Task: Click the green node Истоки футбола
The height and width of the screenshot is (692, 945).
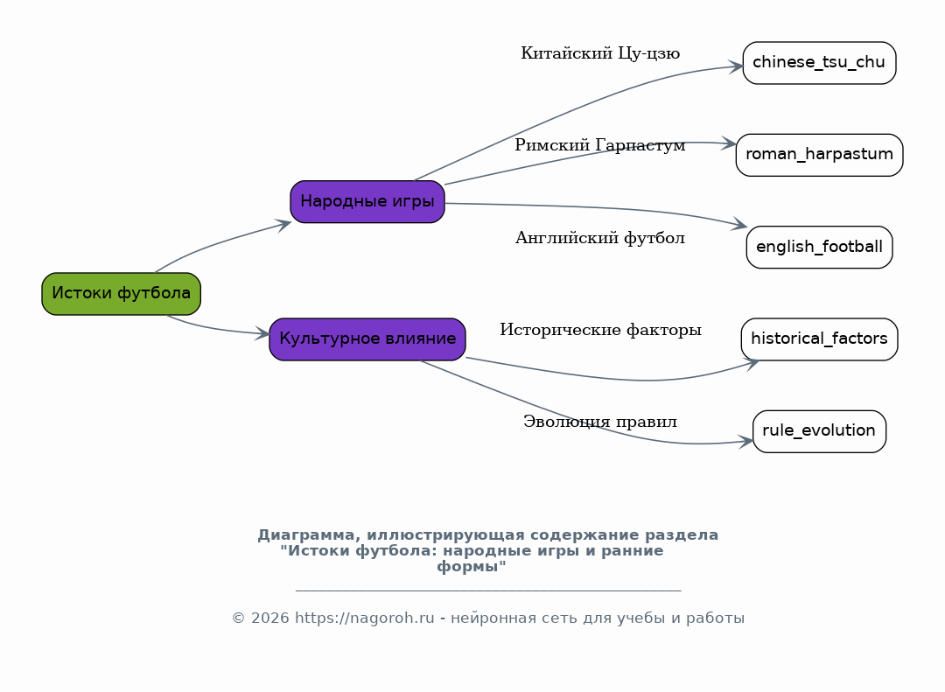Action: tap(121, 294)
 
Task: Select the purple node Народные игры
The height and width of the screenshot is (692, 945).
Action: tap(367, 202)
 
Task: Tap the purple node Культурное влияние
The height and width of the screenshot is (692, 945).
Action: tap(367, 339)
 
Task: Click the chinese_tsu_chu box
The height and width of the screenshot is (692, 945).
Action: tap(819, 63)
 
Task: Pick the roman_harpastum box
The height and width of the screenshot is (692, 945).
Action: tap(819, 156)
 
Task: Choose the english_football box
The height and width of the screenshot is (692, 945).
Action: tap(819, 248)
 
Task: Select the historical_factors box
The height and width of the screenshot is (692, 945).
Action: tap(819, 339)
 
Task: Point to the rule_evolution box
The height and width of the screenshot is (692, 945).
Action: tap(819, 431)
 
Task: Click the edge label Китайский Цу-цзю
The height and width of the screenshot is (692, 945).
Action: tap(600, 54)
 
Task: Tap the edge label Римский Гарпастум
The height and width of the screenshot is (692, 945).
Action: tap(600, 146)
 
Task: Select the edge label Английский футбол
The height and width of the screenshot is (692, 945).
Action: tap(600, 238)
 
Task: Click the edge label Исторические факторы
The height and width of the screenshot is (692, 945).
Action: tap(600, 331)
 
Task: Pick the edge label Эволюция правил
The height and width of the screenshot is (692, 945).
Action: tap(600, 423)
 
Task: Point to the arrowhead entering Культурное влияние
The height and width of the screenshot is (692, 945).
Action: tap(262, 333)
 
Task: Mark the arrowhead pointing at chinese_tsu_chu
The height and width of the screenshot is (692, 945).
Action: tap(736, 66)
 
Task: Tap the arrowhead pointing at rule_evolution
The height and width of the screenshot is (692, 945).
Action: tap(745, 442)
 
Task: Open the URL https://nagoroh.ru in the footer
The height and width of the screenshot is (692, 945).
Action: tap(364, 619)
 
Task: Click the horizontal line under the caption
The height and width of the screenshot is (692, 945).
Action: tap(487, 591)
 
